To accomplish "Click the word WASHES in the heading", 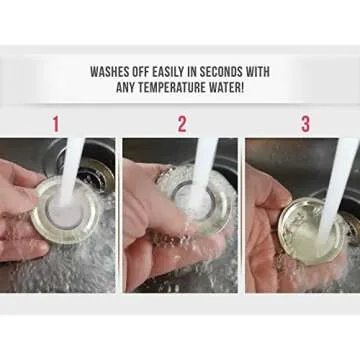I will pyautogui.click(x=109, y=72).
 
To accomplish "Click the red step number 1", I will pyautogui.click(x=56, y=124).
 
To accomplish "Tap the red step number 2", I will pyautogui.click(x=182, y=124).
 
